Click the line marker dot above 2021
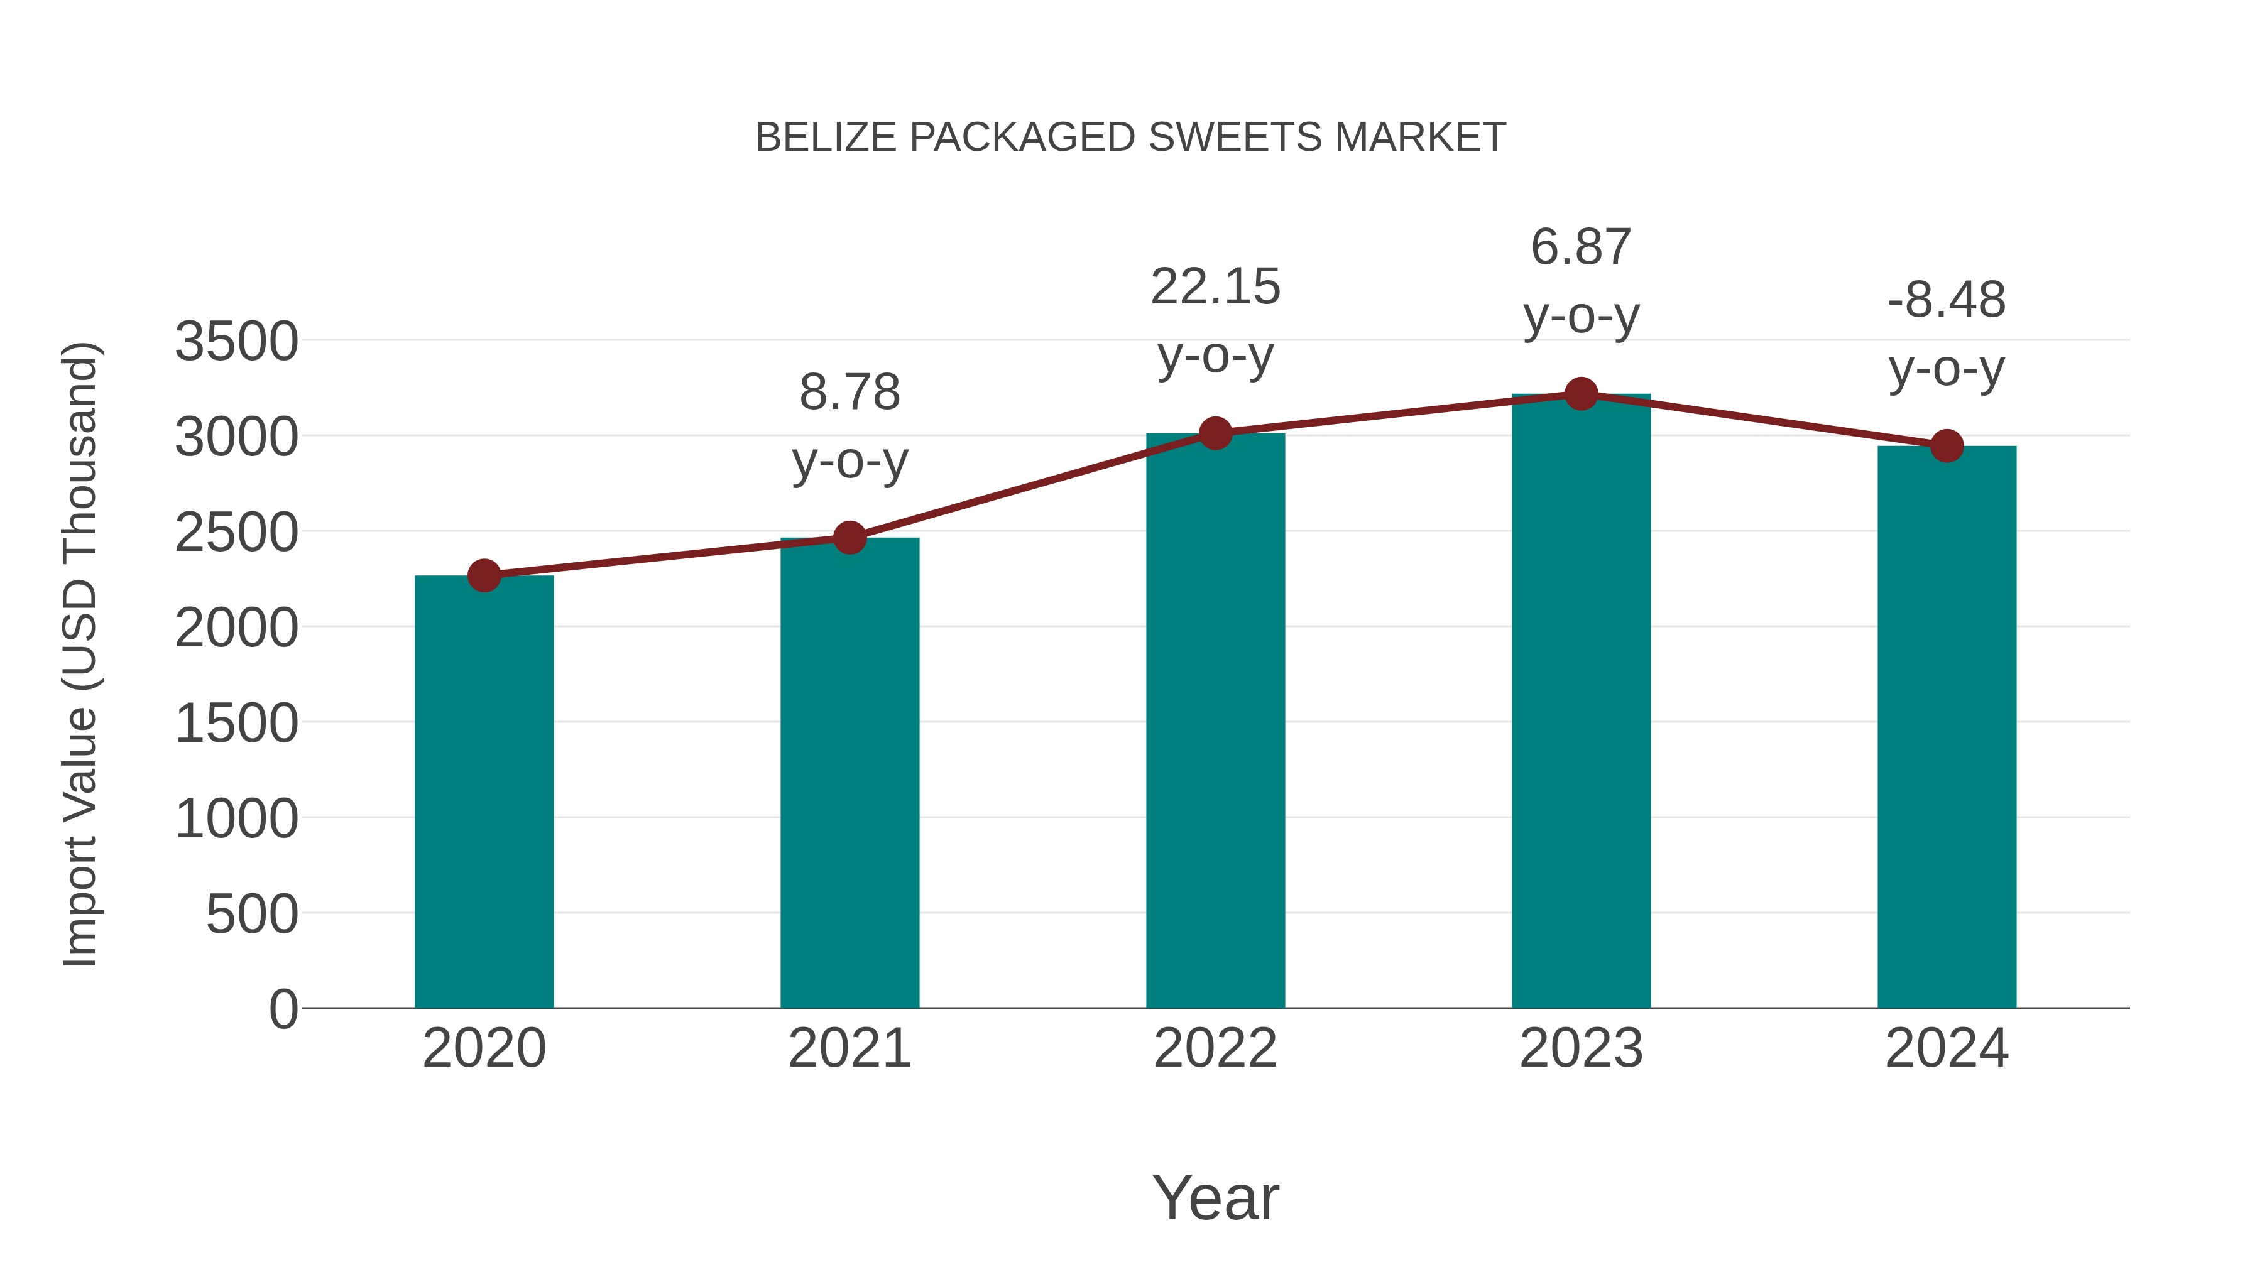pyautogui.click(x=849, y=537)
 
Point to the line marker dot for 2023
pyautogui.click(x=1581, y=394)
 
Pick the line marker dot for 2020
pyautogui.click(x=484, y=576)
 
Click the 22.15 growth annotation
pyautogui.click(x=1215, y=287)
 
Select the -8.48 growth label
pyautogui.click(x=1947, y=300)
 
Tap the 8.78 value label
pyautogui.click(x=849, y=393)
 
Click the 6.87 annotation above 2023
pyautogui.click(x=1581, y=247)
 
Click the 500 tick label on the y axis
pyautogui.click(x=252, y=915)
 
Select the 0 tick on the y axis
pyautogui.click(x=283, y=1009)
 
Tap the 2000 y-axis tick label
pyautogui.click(x=236, y=629)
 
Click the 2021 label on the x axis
pyautogui.click(x=849, y=1048)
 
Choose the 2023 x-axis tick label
pyautogui.click(x=1581, y=1048)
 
